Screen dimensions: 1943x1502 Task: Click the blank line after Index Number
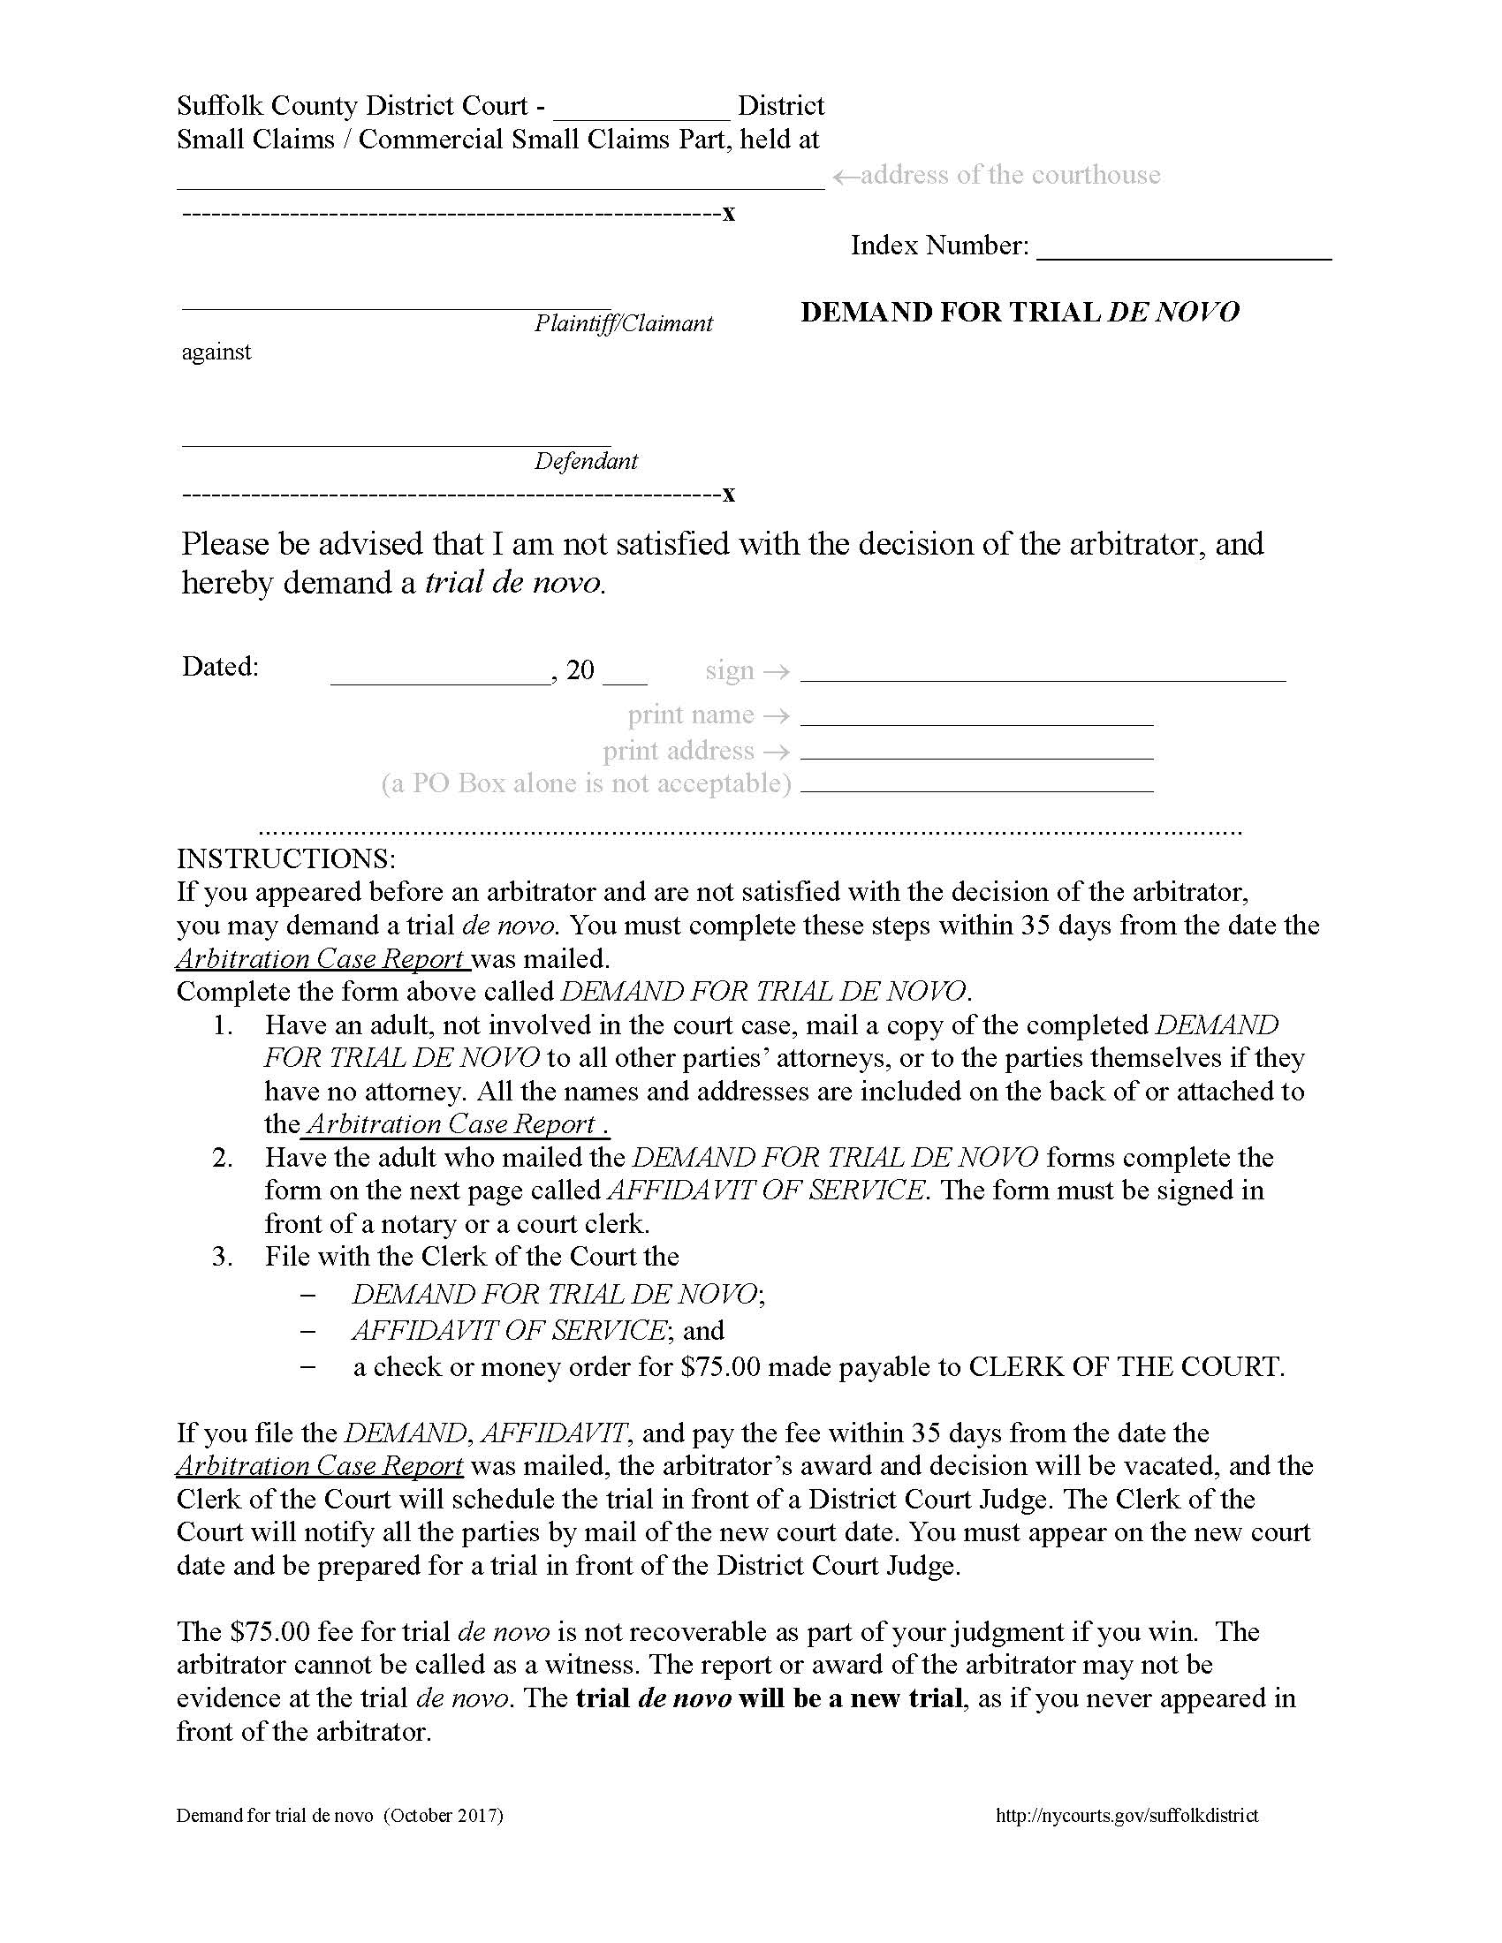click(x=1183, y=249)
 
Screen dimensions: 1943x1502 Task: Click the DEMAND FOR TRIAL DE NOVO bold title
click(x=1020, y=313)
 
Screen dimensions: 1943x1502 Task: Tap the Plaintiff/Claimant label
click(x=623, y=323)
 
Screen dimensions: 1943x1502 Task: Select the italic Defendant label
click(x=586, y=461)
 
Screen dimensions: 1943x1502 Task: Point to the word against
click(x=216, y=352)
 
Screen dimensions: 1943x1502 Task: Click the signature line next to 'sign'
click(x=1043, y=673)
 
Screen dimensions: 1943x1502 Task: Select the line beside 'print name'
click(x=976, y=717)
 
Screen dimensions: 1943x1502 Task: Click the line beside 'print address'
click(x=976, y=752)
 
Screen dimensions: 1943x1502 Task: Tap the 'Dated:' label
click(x=220, y=666)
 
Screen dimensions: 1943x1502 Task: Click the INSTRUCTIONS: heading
click(x=285, y=858)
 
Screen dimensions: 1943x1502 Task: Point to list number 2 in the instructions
click(x=223, y=1158)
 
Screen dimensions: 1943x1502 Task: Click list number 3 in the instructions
click(x=223, y=1256)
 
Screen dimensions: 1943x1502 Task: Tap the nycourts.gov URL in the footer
click(x=1126, y=1816)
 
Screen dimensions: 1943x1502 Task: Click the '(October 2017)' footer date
click(x=444, y=1816)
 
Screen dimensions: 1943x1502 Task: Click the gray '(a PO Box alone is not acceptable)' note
click(x=586, y=783)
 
